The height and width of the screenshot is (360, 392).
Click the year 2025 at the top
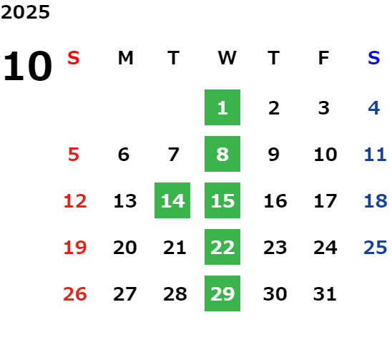(x=25, y=12)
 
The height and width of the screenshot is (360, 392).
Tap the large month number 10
(x=27, y=66)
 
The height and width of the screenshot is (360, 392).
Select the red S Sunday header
(x=74, y=58)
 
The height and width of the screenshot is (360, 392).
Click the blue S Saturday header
(x=373, y=58)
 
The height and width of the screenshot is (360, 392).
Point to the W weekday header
(x=227, y=58)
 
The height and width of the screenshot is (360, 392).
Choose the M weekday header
(x=125, y=58)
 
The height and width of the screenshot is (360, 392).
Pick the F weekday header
(x=324, y=58)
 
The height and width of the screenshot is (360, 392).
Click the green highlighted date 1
(x=222, y=107)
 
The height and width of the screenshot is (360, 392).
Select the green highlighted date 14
(x=172, y=200)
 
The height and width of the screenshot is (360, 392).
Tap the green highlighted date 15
(x=222, y=200)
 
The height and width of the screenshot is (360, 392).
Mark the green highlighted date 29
(x=222, y=293)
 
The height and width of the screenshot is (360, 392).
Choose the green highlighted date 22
(x=222, y=247)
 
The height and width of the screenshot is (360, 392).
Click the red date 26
(x=75, y=294)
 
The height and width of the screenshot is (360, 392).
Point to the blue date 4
(x=374, y=108)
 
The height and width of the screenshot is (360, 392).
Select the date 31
(x=325, y=294)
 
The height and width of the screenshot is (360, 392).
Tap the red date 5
(x=74, y=155)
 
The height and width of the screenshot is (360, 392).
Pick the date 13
(x=125, y=201)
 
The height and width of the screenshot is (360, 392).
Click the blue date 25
(x=376, y=248)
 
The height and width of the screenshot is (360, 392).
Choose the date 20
(x=125, y=248)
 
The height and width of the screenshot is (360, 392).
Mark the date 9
(x=274, y=155)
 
